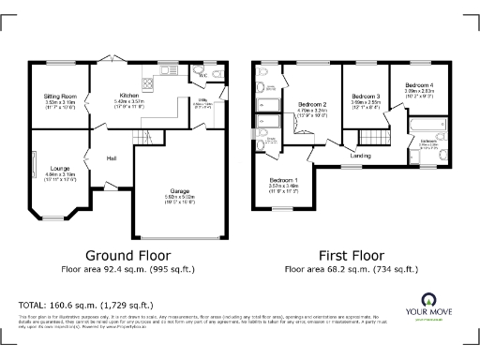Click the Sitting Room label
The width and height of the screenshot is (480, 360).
pyautogui.click(x=59, y=97)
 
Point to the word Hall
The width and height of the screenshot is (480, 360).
pyautogui.click(x=112, y=157)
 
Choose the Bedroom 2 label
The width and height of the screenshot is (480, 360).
pyautogui.click(x=312, y=104)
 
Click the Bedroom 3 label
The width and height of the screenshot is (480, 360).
pyautogui.click(x=365, y=97)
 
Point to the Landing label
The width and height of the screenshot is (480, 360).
pyautogui.click(x=361, y=155)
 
